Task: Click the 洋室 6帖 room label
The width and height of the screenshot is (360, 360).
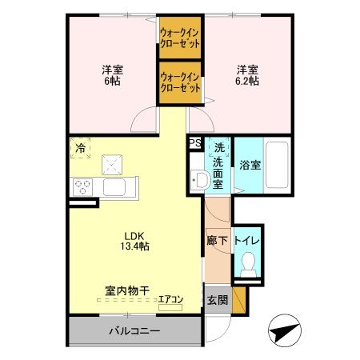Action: coord(111,74)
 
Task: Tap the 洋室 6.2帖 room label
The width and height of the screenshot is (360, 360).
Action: coord(246,74)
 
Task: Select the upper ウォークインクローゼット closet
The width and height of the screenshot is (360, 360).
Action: coord(180,38)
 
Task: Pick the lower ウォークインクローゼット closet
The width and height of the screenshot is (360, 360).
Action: coord(180,82)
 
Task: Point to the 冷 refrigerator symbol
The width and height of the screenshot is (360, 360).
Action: coord(81,147)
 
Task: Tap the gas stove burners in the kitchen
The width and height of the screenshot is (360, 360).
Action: coord(82,188)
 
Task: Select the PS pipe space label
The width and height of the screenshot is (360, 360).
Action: coord(194,143)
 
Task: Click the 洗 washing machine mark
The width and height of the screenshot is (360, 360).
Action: coord(218,148)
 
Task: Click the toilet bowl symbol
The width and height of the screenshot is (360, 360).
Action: coord(249,263)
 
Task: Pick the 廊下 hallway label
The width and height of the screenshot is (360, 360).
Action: coord(216,239)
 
